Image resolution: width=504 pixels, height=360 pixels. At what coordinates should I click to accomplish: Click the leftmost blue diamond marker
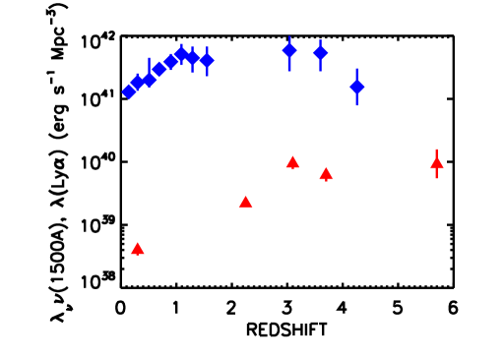click(x=129, y=91)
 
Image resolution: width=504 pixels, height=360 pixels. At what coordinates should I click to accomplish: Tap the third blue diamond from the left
click(x=149, y=79)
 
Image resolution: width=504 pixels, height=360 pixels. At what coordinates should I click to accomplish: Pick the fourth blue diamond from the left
click(x=159, y=69)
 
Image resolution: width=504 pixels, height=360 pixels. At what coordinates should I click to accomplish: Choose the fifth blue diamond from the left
click(x=170, y=62)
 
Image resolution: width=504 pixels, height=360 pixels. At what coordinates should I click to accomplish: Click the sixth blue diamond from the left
click(x=181, y=54)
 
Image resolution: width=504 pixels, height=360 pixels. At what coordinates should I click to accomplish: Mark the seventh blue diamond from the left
click(x=192, y=58)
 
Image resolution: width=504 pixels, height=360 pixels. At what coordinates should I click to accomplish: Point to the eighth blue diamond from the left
click(x=206, y=60)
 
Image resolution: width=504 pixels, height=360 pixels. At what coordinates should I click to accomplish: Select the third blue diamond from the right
click(x=288, y=50)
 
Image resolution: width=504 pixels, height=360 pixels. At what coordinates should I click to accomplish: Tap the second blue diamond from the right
click(x=320, y=52)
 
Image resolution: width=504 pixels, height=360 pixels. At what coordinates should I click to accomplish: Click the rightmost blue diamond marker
click(x=356, y=87)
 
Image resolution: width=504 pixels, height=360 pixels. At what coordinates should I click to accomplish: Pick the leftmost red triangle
click(x=138, y=249)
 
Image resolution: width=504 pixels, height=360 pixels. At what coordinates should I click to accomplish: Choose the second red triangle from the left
click(x=245, y=202)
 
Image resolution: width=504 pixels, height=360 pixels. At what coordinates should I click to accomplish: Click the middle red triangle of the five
click(x=292, y=162)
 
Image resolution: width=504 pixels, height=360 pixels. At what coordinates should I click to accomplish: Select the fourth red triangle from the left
click(x=326, y=174)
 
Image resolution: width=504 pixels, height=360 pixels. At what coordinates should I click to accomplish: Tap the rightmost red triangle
click(x=437, y=162)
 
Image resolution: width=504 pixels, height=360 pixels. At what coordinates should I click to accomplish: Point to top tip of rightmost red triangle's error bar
click(x=437, y=150)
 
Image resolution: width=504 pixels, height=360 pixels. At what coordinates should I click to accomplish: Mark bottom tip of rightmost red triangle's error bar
click(x=437, y=178)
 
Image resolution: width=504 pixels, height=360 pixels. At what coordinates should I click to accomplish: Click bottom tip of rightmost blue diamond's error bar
click(x=356, y=105)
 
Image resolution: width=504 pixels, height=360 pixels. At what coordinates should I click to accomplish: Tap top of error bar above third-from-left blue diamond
click(x=149, y=58)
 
